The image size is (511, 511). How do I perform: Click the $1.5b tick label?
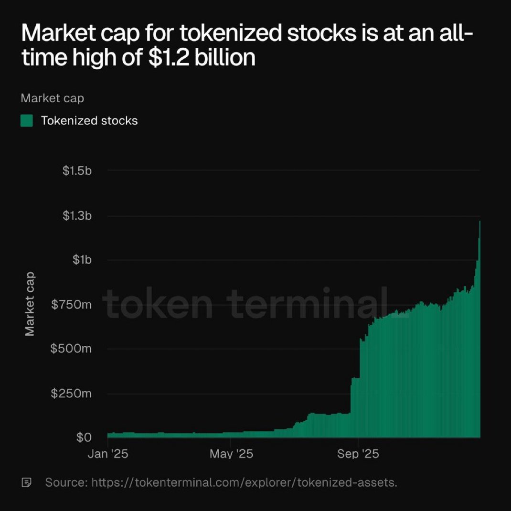[76, 170]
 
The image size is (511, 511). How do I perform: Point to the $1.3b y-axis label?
[76, 216]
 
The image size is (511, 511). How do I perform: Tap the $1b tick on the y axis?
[81, 260]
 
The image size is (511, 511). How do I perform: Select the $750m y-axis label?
[71, 305]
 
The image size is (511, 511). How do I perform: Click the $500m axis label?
[71, 349]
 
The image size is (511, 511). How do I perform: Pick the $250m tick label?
[71, 394]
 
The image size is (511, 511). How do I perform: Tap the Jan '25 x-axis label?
[108, 454]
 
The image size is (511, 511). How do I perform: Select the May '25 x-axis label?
[231, 454]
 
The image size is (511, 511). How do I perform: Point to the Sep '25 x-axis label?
[358, 454]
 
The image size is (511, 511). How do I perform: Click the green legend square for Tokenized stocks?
[27, 121]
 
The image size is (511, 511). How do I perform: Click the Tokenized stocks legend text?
[89, 121]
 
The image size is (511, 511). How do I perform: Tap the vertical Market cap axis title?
[30, 304]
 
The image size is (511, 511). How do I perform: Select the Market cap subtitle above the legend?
[52, 98]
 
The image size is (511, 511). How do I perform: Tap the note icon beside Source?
[27, 482]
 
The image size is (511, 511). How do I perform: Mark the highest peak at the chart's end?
[479, 222]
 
